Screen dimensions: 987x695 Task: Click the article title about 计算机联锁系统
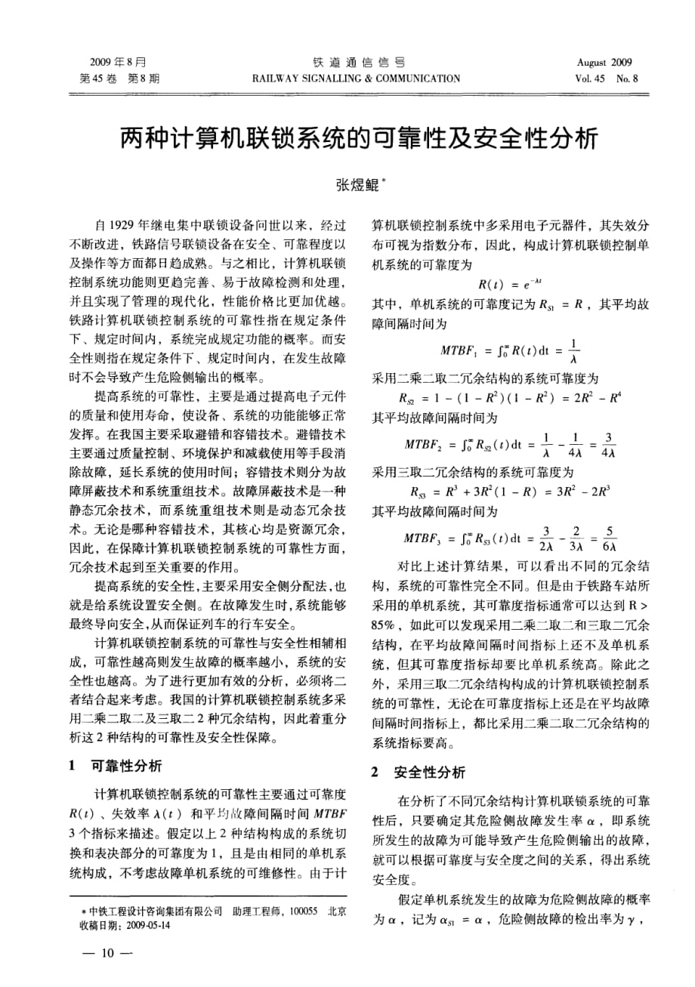pos(347,139)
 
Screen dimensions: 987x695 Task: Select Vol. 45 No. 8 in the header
pos(606,77)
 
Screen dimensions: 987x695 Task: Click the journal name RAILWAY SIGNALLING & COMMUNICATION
pos(357,77)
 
